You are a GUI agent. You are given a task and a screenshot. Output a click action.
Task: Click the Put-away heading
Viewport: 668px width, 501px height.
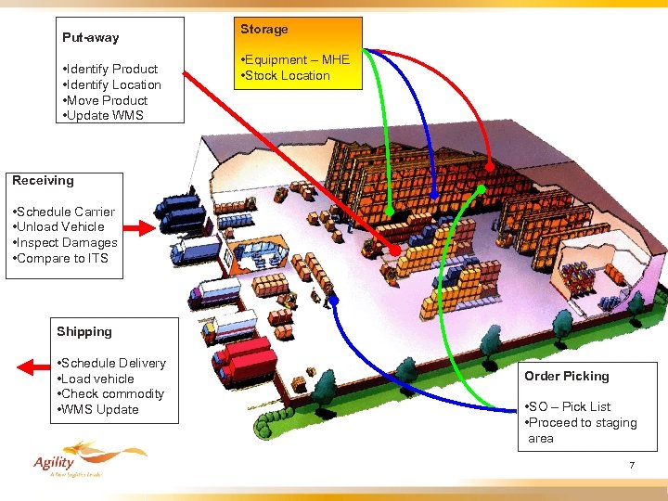coord(90,38)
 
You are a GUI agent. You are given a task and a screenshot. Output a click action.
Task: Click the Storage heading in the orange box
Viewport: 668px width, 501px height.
coord(264,30)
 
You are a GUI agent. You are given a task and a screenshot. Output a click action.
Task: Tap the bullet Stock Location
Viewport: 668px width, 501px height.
coord(285,76)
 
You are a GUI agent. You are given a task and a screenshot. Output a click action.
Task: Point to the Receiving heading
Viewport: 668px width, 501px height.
coord(43,180)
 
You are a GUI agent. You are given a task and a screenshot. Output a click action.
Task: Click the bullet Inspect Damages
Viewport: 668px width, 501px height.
coord(65,243)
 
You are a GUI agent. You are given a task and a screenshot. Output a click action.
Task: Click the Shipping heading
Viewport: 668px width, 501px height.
coord(83,332)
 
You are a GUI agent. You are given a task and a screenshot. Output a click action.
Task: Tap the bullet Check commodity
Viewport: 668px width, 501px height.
coord(110,394)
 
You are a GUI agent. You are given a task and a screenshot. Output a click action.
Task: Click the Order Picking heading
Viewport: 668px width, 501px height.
coord(566,376)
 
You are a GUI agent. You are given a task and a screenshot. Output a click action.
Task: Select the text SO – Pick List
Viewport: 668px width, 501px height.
coord(567,407)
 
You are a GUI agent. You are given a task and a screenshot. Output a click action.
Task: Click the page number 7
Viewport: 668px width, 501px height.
coord(632,465)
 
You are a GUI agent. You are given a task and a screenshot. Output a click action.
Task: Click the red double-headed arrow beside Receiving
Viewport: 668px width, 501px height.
coord(137,227)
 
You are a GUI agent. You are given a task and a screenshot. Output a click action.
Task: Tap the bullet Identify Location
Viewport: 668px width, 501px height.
coord(110,85)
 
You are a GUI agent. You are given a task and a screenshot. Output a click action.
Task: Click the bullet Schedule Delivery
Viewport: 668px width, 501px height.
coord(111,364)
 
